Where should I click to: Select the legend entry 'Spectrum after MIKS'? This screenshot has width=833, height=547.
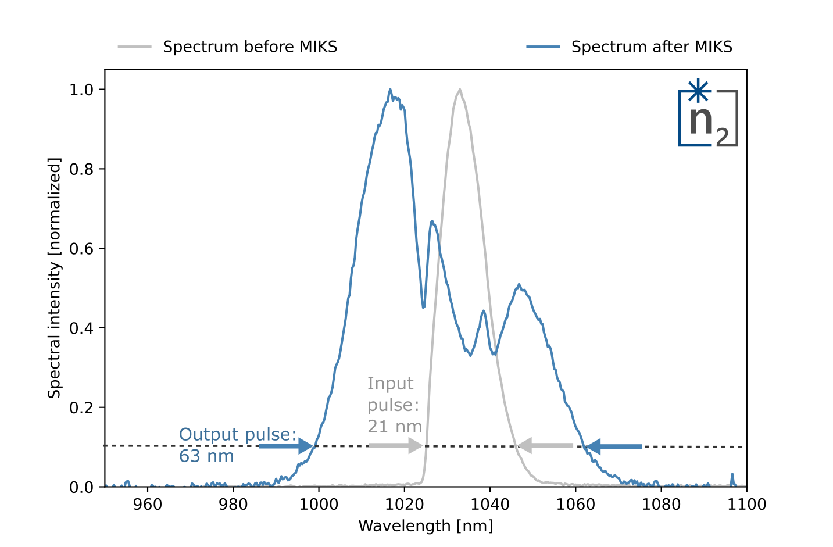629,47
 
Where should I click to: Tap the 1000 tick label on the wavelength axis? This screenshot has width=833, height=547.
319,505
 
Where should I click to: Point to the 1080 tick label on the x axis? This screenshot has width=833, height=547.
661,505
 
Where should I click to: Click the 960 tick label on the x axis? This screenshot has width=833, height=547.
148,505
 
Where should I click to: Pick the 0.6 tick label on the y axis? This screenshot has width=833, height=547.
81,249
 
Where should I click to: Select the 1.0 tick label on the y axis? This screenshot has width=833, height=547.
81,90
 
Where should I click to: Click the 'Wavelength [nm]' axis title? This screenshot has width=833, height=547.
426,526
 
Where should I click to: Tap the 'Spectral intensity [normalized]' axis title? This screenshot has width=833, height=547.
54,278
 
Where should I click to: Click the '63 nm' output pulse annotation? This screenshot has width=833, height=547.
206,456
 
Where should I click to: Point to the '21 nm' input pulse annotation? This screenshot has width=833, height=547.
395,426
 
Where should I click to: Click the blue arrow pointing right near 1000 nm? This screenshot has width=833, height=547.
285,446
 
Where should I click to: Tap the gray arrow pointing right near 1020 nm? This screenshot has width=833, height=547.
396,445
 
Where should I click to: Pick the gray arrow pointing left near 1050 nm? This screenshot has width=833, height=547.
545,445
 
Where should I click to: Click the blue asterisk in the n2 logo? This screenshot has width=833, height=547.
698,90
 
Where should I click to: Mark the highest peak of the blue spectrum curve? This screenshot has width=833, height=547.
390,90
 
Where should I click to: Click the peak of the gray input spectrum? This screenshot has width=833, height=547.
460,90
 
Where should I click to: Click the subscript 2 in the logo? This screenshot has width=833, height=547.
722,137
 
